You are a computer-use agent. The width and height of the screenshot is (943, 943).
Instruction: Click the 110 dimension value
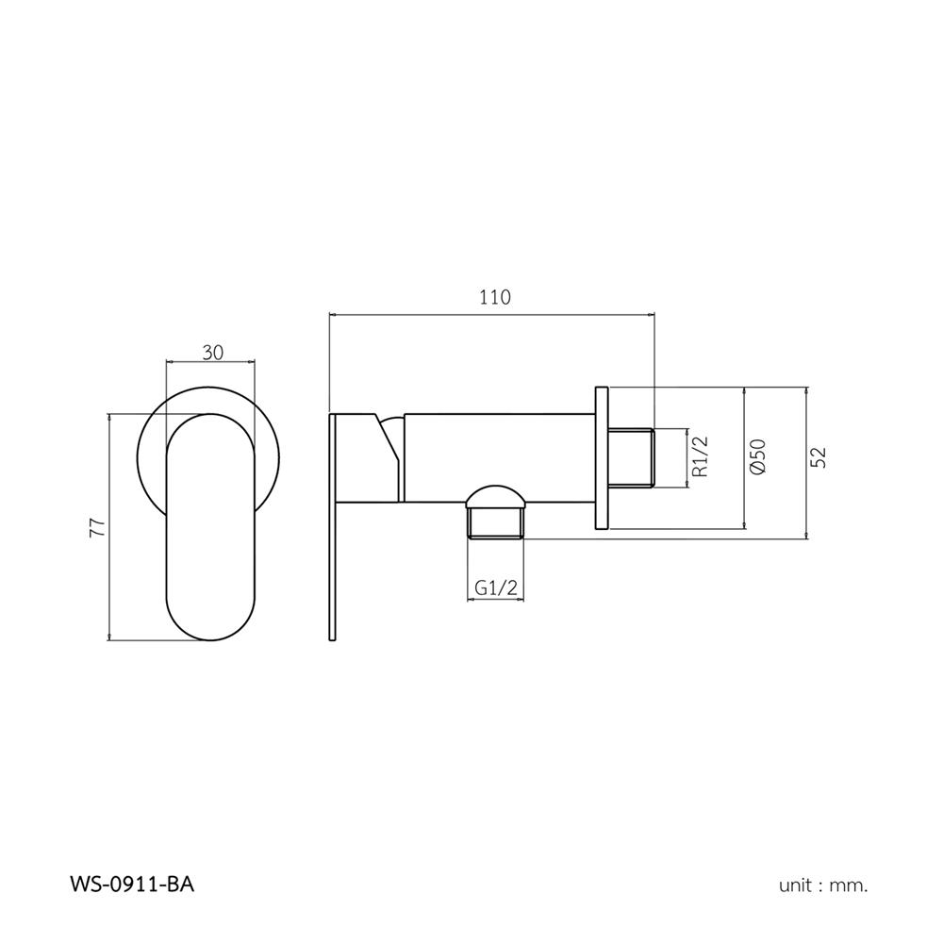493,297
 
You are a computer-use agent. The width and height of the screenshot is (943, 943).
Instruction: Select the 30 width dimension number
212,352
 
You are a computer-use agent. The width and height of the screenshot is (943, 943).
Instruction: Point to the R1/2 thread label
699,457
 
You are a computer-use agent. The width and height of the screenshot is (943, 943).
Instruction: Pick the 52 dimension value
819,457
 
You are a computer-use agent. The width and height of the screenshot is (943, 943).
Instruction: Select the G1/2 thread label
496,587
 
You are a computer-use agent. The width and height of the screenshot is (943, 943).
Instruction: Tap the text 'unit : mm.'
823,885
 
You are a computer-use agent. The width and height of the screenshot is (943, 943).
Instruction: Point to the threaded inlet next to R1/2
632,458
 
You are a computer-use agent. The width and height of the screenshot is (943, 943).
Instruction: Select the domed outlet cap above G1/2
496,497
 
